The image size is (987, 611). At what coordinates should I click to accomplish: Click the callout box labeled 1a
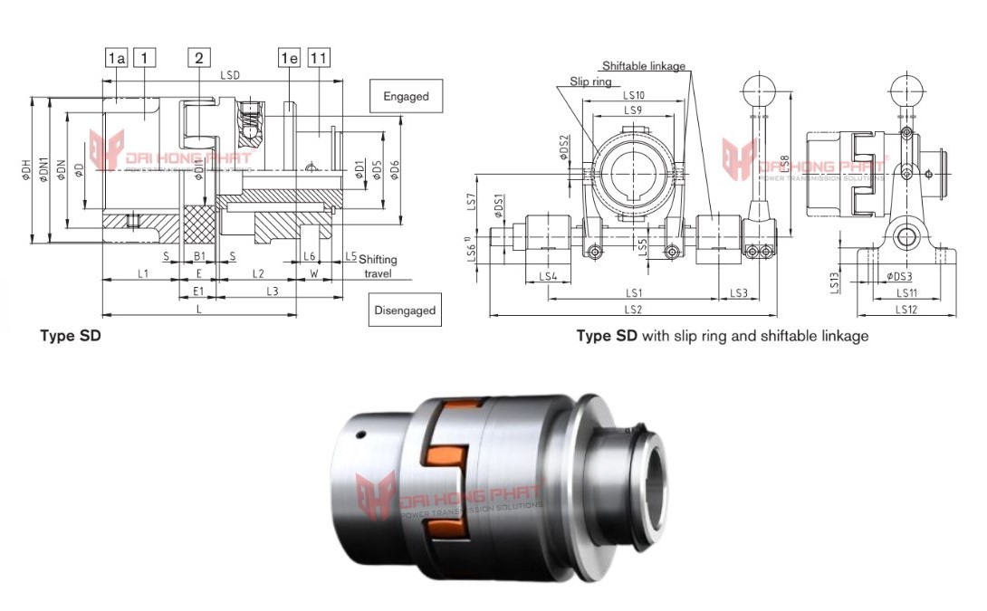tap(116, 59)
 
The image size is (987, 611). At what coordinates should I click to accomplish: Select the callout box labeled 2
tap(199, 59)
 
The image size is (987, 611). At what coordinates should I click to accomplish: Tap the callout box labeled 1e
tap(289, 59)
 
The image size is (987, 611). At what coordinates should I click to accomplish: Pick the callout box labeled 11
tap(318, 59)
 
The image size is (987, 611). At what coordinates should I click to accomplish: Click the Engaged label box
tap(406, 96)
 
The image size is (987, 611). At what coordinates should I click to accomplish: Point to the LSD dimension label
tap(230, 75)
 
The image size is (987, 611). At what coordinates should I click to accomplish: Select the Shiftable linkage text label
tap(644, 66)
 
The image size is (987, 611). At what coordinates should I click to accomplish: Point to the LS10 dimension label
tap(633, 95)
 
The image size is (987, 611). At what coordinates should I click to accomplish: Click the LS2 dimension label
tap(633, 310)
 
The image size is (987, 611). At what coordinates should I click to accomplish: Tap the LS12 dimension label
tap(907, 310)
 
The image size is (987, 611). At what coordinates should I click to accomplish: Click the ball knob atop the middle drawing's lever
tap(758, 88)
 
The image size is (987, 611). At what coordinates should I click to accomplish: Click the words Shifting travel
tap(379, 266)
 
